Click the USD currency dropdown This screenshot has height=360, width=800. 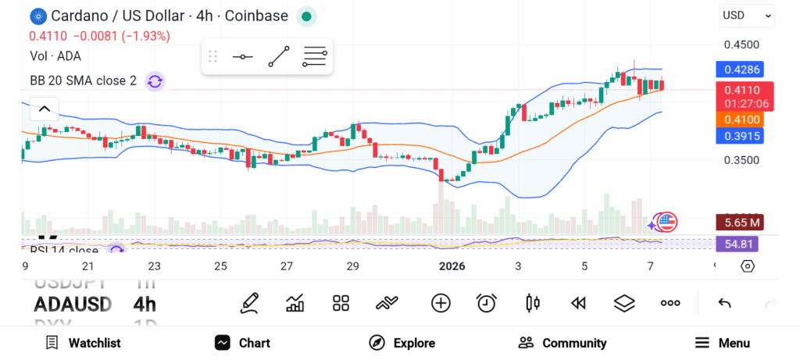click(x=746, y=15)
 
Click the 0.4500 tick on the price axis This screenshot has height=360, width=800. click(x=741, y=45)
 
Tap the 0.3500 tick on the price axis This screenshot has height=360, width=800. click(x=741, y=160)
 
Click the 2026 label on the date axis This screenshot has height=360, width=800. click(x=452, y=266)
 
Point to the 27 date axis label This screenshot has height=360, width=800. click(x=287, y=266)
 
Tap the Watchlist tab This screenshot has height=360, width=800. click(x=83, y=343)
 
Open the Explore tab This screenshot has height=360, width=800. click(x=402, y=343)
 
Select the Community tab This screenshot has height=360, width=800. click(x=562, y=343)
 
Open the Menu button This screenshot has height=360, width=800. click(x=722, y=343)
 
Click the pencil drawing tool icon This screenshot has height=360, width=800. click(x=249, y=303)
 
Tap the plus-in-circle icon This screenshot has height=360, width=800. click(x=441, y=303)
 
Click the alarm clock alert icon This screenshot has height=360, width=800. click(x=487, y=303)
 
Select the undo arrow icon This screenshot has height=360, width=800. click(x=724, y=303)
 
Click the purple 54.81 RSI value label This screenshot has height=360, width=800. click(x=737, y=244)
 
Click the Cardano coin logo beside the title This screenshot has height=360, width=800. click(x=38, y=16)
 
